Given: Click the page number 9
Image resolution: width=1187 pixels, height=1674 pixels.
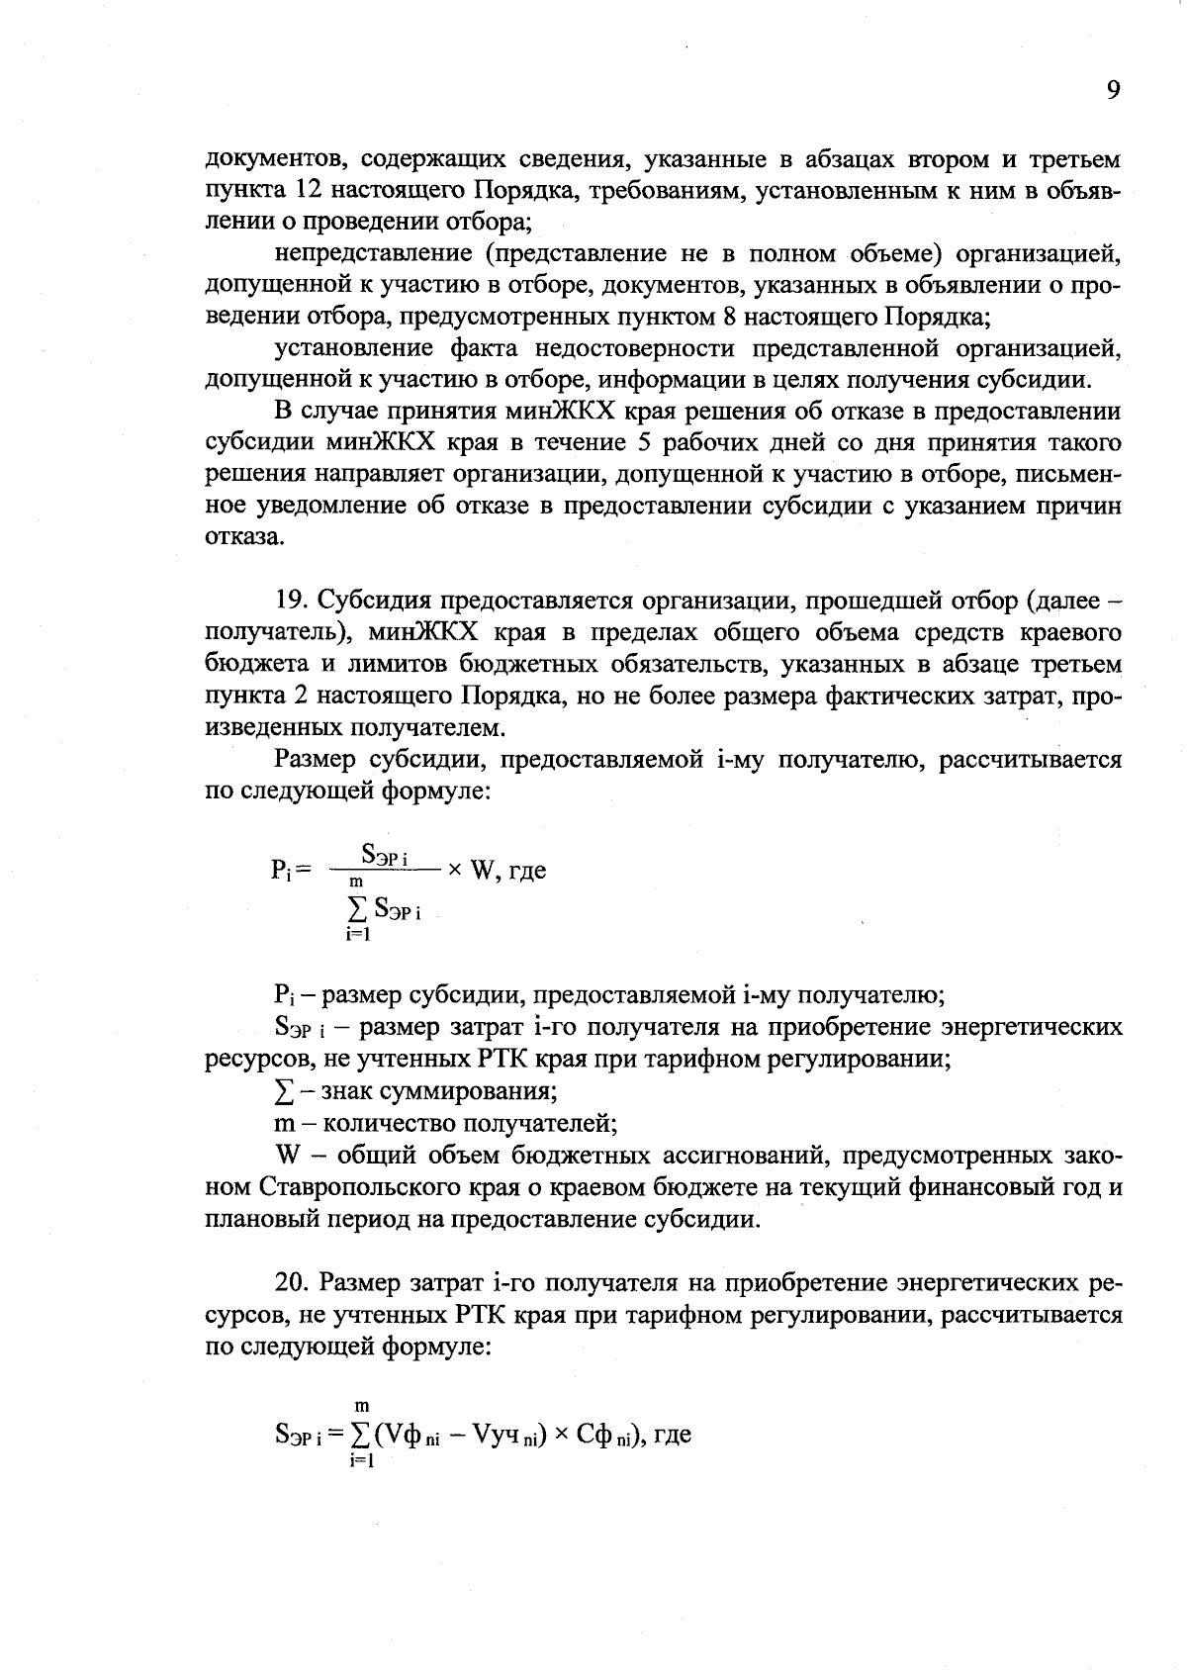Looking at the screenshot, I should point(1112,91).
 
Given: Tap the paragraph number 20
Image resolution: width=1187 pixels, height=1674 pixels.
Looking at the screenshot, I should point(291,1283).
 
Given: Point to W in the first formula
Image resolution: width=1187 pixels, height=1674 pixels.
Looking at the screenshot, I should point(483,871).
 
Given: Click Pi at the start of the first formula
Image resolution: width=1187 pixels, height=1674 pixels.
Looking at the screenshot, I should point(279,871).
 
